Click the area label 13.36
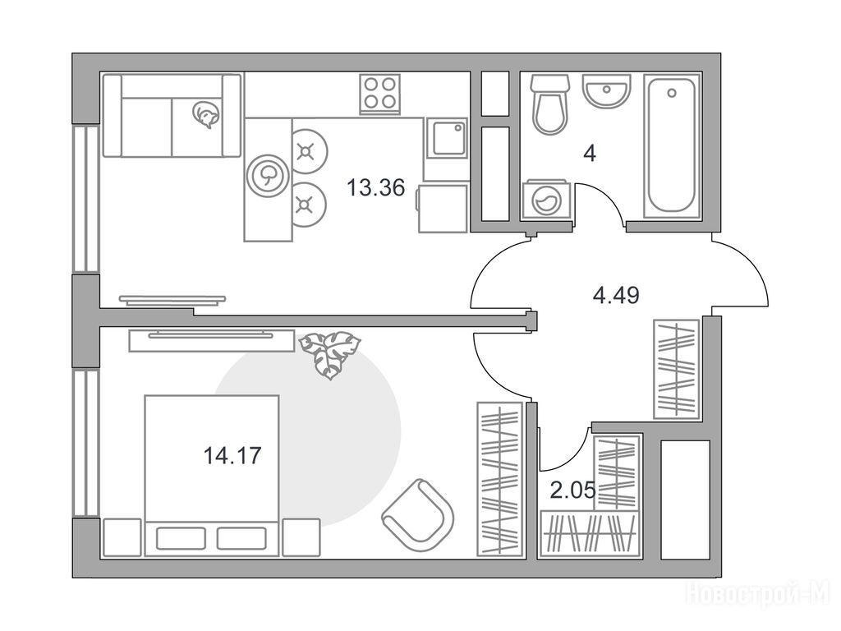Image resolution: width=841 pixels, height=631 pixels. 375,188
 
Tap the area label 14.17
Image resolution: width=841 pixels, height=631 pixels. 232,456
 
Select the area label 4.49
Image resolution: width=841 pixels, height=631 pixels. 616,296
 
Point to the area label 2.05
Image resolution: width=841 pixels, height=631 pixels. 572,491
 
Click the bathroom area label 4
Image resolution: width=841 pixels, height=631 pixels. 590,154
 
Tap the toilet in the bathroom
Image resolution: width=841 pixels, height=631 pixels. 549,104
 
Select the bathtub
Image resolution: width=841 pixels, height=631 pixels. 672,146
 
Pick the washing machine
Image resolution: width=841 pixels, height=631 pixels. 546,200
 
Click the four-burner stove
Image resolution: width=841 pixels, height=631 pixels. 379,94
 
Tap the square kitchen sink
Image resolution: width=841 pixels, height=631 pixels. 447,138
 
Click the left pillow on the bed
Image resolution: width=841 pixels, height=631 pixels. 181,538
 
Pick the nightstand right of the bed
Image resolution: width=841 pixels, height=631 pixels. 301,537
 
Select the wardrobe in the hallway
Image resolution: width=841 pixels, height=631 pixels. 677,369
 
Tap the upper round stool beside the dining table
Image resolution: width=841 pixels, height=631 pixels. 307,151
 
